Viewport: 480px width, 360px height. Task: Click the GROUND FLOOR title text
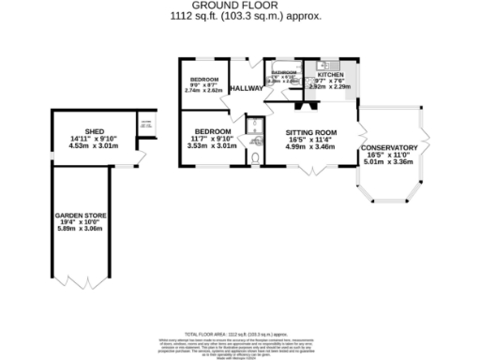click(x=239, y=6)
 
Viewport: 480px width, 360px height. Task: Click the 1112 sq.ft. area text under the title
click(x=239, y=16)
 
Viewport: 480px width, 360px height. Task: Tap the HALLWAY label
click(x=247, y=88)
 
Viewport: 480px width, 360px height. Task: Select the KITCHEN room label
click(x=330, y=75)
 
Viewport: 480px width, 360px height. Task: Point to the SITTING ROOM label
click(x=310, y=134)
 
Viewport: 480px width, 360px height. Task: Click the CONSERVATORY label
click(x=387, y=148)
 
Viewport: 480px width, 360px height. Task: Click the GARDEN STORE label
click(x=79, y=216)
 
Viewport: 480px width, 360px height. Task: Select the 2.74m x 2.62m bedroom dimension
click(x=204, y=92)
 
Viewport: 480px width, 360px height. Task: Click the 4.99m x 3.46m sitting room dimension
click(x=310, y=148)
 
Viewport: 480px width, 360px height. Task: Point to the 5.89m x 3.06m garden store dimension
click(x=79, y=230)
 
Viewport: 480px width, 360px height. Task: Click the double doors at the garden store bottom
click(x=79, y=283)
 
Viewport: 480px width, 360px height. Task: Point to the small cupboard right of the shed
click(x=146, y=126)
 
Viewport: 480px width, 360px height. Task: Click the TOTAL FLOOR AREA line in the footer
click(x=239, y=333)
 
